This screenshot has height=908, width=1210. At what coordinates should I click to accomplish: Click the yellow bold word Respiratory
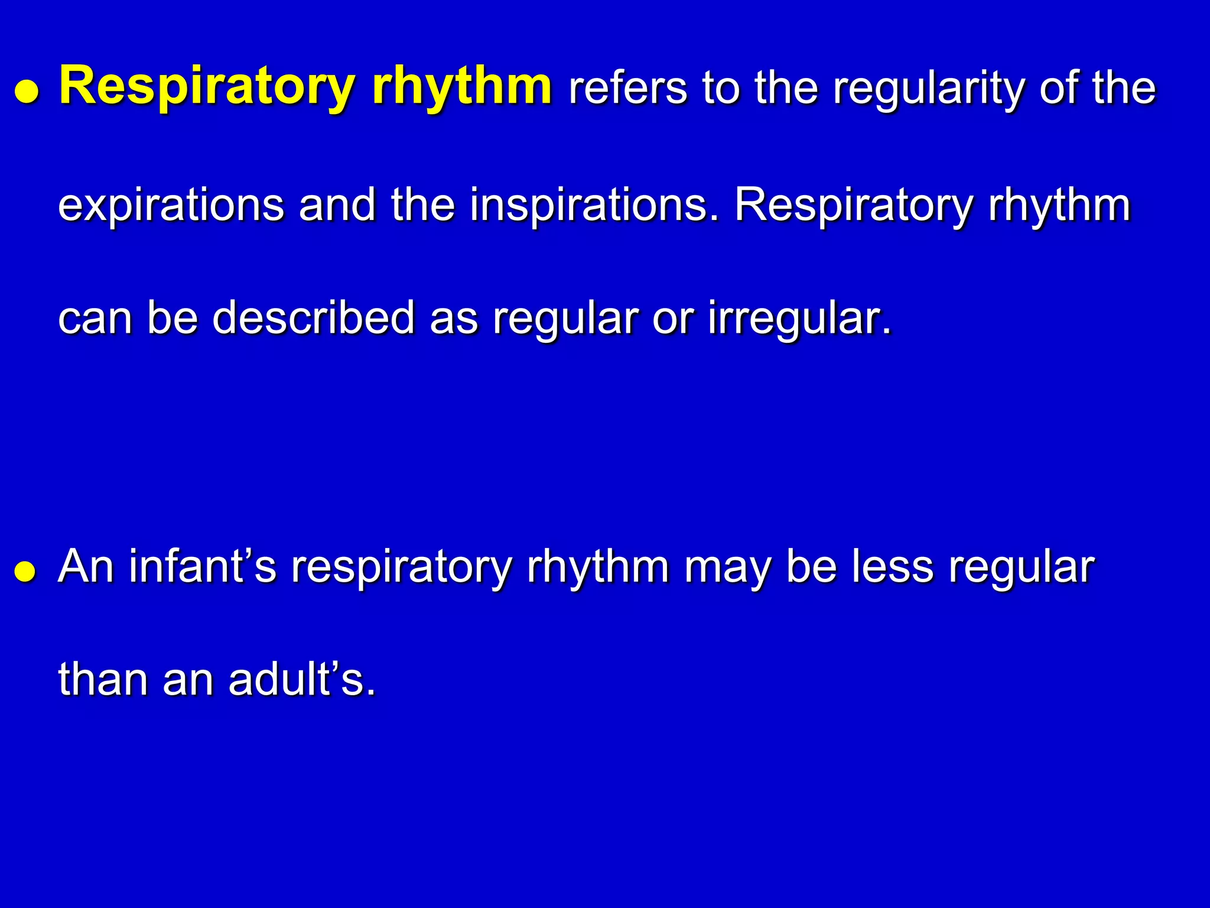pos(207,87)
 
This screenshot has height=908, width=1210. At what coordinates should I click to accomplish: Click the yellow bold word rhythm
pos(462,87)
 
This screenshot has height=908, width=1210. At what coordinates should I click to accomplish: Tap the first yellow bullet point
pos(27,93)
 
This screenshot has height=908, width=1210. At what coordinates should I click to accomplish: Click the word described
pos(313,318)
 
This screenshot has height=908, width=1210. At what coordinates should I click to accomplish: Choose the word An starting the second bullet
pos(86,566)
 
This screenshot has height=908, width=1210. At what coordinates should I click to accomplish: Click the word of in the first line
pos(1059,89)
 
